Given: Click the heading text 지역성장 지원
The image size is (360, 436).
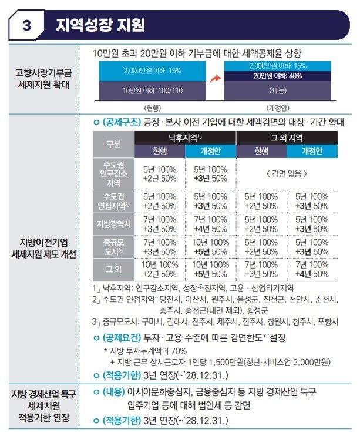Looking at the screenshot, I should (100, 25).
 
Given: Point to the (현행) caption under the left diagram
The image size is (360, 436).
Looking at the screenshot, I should (152, 108).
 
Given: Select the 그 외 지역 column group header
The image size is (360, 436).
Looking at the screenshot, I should (285, 137).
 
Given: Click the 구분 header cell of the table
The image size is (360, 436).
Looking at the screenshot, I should (113, 144).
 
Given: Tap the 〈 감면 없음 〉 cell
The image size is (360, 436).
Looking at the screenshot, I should (287, 174).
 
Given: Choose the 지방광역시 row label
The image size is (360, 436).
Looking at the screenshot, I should (113, 224).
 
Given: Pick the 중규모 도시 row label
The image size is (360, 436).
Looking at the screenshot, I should (113, 247).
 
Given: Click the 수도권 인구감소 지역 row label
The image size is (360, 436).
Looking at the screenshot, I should (113, 174).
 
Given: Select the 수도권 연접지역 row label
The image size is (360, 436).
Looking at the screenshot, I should (113, 200).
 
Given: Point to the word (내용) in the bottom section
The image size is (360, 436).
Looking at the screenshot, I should (115, 391).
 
